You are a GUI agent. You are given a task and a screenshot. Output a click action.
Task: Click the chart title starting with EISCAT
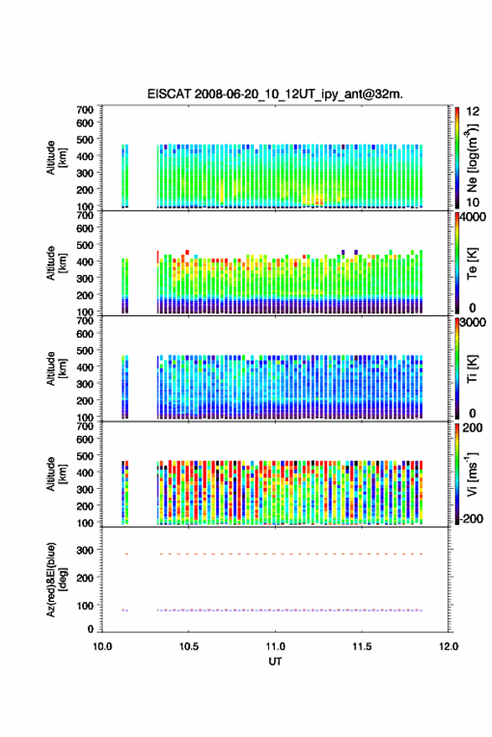(x=275, y=94)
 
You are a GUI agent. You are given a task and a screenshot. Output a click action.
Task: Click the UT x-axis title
(x=275, y=662)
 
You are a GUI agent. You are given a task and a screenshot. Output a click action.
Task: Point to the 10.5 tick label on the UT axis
(x=189, y=646)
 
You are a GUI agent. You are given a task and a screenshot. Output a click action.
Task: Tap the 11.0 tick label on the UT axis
(x=275, y=646)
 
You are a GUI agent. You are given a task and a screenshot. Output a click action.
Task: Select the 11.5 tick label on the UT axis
(x=361, y=646)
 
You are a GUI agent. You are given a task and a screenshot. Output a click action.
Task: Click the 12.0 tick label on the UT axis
(x=448, y=646)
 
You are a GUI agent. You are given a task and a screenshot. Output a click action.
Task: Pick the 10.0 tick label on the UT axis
(x=102, y=646)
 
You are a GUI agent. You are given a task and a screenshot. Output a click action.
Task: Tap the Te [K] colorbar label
(x=472, y=263)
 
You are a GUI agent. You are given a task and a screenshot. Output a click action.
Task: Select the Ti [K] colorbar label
(x=472, y=369)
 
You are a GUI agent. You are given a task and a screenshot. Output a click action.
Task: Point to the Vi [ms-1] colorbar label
(x=472, y=474)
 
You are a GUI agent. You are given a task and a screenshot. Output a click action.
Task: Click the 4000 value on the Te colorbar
(x=473, y=217)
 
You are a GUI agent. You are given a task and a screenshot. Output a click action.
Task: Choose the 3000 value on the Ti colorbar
(x=473, y=323)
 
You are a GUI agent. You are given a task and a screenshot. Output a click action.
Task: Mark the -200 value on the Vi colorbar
(x=471, y=518)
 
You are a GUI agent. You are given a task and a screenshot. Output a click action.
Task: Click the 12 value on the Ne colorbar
(x=473, y=112)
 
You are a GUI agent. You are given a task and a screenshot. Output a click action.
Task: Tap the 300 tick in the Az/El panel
(x=85, y=550)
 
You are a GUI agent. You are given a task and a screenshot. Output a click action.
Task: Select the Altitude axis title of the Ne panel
(x=56, y=158)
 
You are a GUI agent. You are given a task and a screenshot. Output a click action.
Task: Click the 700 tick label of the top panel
(x=85, y=110)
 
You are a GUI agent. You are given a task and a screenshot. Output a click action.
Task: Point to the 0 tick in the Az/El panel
(x=91, y=629)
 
